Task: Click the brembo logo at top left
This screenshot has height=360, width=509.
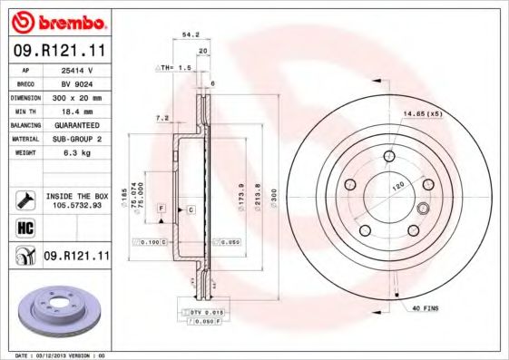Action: click(x=55, y=21)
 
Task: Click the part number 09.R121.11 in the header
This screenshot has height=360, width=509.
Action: click(x=55, y=52)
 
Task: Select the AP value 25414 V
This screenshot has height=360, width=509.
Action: click(x=78, y=69)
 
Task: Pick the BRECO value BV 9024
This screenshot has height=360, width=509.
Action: click(x=78, y=83)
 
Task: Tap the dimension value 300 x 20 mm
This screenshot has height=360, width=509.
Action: click(x=78, y=96)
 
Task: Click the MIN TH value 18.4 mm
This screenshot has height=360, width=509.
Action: click(x=78, y=110)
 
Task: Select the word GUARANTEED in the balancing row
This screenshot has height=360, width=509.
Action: click(x=78, y=124)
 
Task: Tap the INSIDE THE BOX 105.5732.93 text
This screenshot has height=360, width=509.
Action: click(x=77, y=200)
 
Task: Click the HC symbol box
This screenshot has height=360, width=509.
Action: click(x=25, y=228)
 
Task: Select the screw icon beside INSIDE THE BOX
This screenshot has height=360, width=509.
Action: click(x=25, y=199)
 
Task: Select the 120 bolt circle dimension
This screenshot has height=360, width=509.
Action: click(x=396, y=185)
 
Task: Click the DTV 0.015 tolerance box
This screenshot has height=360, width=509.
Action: click(x=205, y=312)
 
